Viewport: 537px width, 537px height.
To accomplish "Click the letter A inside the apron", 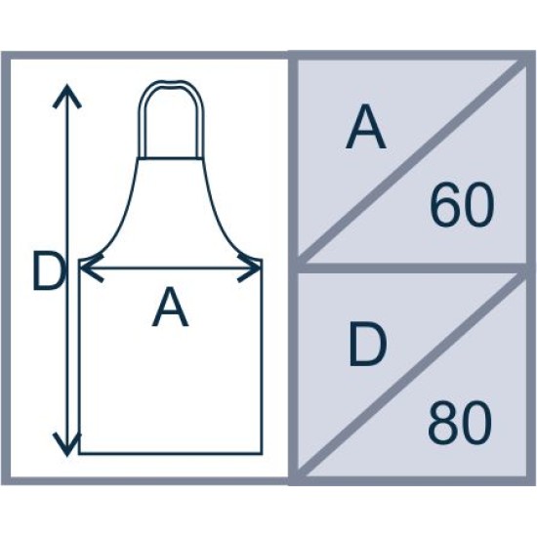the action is click(x=170, y=307).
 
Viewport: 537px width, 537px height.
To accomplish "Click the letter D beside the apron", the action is click(x=48, y=270).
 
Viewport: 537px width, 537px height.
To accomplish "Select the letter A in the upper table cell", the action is click(x=366, y=126).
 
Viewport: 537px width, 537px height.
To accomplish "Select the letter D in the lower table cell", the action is click(x=367, y=345).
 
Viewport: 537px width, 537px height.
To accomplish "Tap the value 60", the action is click(x=462, y=205).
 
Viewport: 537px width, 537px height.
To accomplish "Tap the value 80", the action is click(x=460, y=423).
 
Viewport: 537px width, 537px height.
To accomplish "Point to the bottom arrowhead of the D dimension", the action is click(x=67, y=444).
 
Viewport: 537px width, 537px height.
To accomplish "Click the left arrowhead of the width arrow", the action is click(x=90, y=268).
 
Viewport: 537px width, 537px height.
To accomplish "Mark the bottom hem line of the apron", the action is click(x=171, y=453).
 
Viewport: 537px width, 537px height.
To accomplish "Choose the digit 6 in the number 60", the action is click(x=445, y=205).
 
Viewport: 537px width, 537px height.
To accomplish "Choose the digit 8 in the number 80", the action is click(x=443, y=423).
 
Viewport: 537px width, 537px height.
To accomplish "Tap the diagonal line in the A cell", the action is click(x=412, y=160).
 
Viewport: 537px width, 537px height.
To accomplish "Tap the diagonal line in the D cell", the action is click(x=412, y=374).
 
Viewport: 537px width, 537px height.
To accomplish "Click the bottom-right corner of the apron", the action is click(x=262, y=453).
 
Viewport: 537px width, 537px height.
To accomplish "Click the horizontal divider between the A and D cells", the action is click(x=412, y=268).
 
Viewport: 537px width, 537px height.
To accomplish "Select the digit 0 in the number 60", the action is click(x=478, y=205).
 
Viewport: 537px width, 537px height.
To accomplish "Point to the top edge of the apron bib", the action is click(x=171, y=158).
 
